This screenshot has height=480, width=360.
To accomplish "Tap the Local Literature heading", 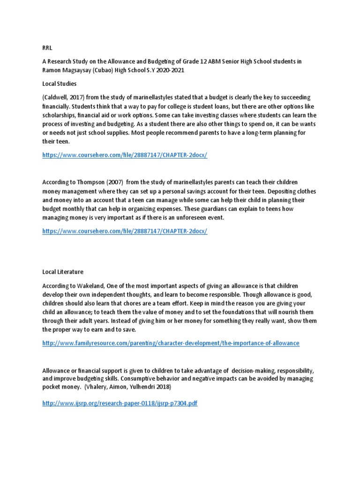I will click(63, 271).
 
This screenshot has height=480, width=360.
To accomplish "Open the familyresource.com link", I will click(171, 343).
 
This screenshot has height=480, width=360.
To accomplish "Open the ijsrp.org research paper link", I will click(120, 403).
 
